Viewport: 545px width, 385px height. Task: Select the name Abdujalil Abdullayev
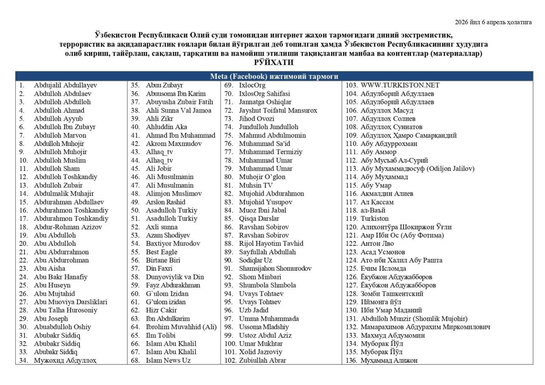tap(65, 85)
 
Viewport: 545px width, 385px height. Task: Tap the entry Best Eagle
tap(161, 252)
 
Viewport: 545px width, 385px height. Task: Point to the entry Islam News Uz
tap(168, 360)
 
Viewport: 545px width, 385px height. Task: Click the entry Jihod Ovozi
tap(256, 119)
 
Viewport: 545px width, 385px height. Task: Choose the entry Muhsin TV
tap(255, 185)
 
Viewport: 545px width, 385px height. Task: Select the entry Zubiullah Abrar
tap(262, 360)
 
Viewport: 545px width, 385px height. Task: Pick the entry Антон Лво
tap(377, 243)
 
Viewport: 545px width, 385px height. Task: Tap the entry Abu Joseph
tap(51, 318)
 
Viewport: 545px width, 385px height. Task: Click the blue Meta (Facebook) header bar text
tap(274, 76)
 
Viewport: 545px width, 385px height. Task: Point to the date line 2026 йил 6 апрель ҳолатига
tap(493, 22)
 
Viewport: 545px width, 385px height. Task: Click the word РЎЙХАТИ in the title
tap(274, 63)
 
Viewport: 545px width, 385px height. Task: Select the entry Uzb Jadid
tap(253, 310)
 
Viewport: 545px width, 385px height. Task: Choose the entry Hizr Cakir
tap(161, 310)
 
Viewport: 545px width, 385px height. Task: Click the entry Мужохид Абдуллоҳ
tap(65, 360)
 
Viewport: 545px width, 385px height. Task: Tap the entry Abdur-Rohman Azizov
tap(68, 227)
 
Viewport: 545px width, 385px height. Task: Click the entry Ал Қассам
tap(377, 202)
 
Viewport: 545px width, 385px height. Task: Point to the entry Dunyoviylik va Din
tap(175, 277)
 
